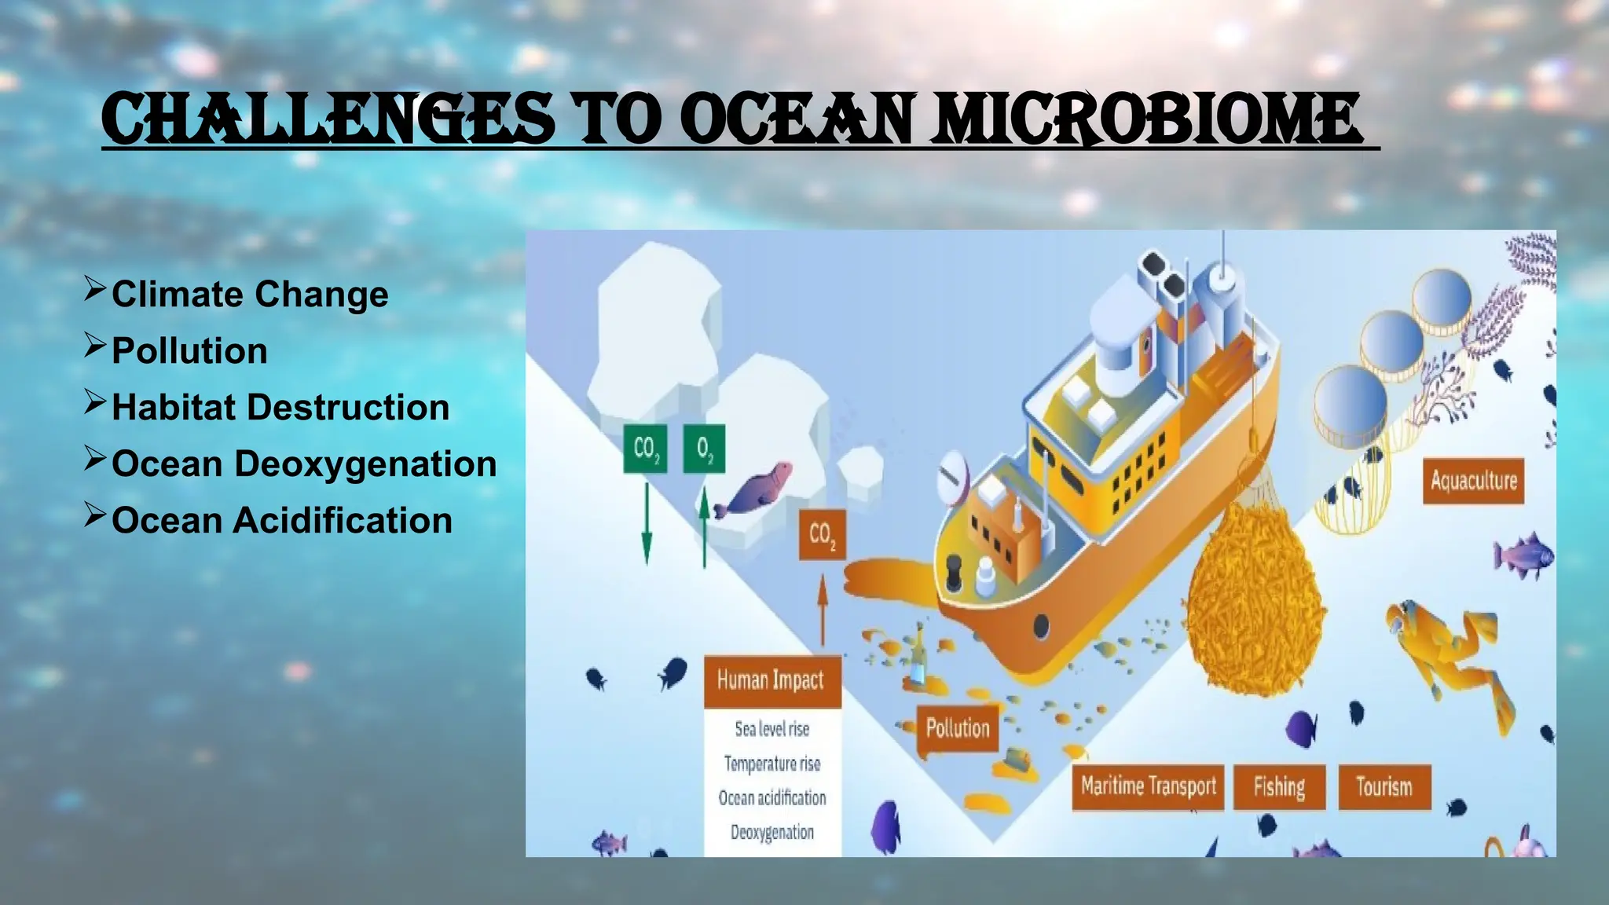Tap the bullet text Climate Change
click(x=250, y=295)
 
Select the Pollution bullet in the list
click(x=189, y=351)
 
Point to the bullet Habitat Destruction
click(x=280, y=408)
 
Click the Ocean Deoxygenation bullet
click(x=304, y=464)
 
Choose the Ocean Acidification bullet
click(x=282, y=521)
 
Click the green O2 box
click(x=704, y=449)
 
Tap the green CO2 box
click(x=646, y=449)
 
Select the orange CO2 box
click(x=822, y=535)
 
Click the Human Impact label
click(x=771, y=680)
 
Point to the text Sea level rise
click(x=772, y=729)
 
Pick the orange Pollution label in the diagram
click(x=958, y=728)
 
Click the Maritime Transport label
click(x=1148, y=786)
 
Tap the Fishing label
click(x=1279, y=786)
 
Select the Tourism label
click(x=1384, y=786)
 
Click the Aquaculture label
click(x=1473, y=481)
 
